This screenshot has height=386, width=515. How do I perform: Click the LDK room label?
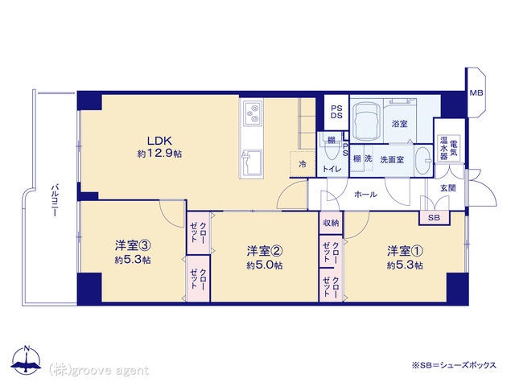pyautogui.click(x=159, y=141)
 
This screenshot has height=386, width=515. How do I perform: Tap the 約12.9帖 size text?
pyautogui.click(x=159, y=154)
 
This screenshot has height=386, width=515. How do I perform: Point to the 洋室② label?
pyautogui.click(x=265, y=252)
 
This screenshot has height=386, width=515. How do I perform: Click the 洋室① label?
pyautogui.click(x=405, y=252)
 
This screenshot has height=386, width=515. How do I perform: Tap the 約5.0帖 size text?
pyautogui.click(x=265, y=265)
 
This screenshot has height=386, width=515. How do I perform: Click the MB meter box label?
pyautogui.click(x=476, y=93)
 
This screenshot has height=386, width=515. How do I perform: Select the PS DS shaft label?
pyautogui.click(x=336, y=112)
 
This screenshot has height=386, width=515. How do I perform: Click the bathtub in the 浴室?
pyautogui.click(x=366, y=121)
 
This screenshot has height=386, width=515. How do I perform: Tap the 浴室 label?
pyautogui.click(x=399, y=124)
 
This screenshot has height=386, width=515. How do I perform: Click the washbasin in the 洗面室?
pyautogui.click(x=423, y=161)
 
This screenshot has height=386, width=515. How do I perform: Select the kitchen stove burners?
pyautogui.click(x=252, y=113)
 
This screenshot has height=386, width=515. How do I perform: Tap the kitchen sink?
pyautogui.click(x=252, y=164)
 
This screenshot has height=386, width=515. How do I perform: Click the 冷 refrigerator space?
pyautogui.click(x=303, y=164)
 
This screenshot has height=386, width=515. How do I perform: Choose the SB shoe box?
pyautogui.click(x=435, y=218)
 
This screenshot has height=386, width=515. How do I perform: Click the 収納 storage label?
pyautogui.click(x=331, y=223)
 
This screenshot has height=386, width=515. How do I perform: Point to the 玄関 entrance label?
pyautogui.click(x=447, y=188)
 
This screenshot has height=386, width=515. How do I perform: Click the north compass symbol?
pyautogui.click(x=27, y=359)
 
